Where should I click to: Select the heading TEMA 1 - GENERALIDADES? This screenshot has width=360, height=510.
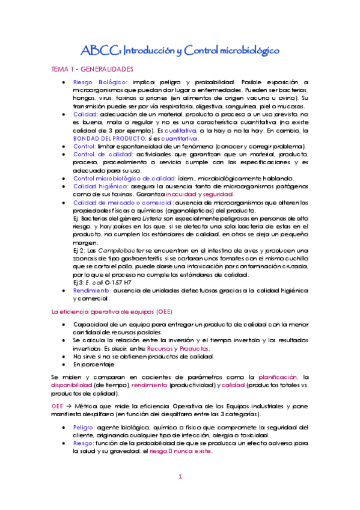92,70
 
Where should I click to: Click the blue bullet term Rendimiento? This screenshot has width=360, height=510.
91,290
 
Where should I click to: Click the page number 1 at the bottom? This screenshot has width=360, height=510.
180,476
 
